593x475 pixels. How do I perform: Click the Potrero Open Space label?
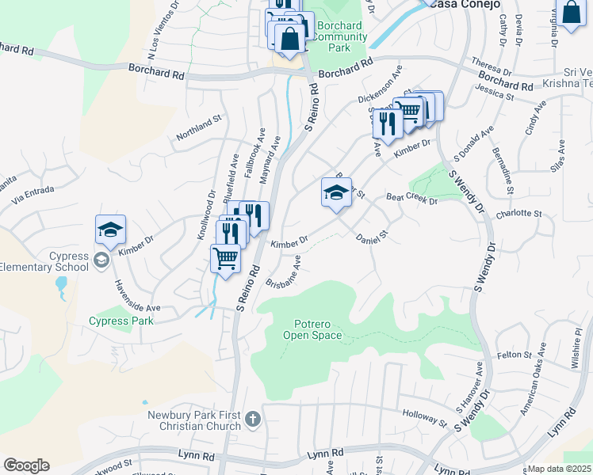click(313, 329)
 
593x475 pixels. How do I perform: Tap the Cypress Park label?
click(121, 321)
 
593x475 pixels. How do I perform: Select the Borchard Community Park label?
click(341, 37)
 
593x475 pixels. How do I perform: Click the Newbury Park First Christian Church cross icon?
click(253, 418)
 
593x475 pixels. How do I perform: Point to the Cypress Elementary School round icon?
click(101, 260)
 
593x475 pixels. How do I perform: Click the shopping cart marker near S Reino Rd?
click(226, 258)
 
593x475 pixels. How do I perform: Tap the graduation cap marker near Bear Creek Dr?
click(336, 192)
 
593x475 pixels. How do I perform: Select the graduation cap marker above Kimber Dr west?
click(110, 230)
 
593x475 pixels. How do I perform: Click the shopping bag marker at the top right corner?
click(571, 12)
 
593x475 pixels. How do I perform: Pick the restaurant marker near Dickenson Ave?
click(387, 123)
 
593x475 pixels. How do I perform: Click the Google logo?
click(26, 465)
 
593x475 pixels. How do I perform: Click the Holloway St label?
click(425, 414)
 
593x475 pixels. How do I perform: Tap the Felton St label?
click(512, 356)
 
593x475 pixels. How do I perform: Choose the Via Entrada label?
click(32, 195)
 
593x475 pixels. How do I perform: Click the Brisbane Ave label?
click(284, 272)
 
